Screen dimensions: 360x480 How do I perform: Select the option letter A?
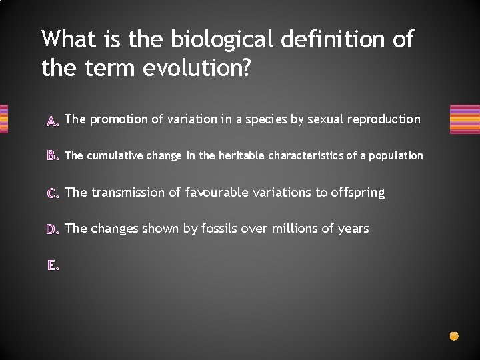[53, 121]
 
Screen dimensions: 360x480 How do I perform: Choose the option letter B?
[53, 157]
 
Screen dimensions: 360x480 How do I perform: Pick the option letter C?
[53, 193]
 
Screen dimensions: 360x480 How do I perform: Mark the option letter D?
[53, 229]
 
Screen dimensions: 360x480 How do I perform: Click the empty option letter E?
[53, 265]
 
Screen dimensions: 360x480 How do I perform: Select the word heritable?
[239, 155]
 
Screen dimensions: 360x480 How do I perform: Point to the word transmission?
[127, 192]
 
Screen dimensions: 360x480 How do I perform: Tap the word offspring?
[358, 192]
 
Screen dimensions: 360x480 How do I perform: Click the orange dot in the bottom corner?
[454, 336]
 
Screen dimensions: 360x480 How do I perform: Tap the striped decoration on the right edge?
[465, 119]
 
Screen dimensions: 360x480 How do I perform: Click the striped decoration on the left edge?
[3, 119]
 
